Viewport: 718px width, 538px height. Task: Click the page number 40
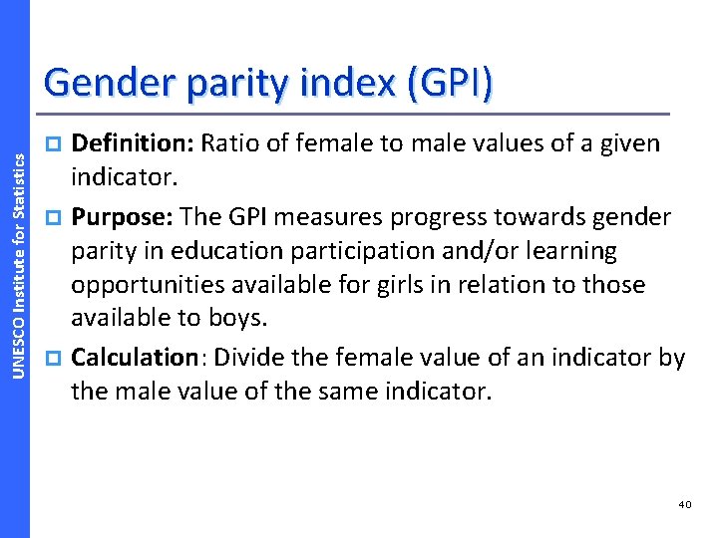pyautogui.click(x=684, y=505)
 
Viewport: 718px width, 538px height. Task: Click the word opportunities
pyautogui.click(x=149, y=285)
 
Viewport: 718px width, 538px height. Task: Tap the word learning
pyautogui.click(x=579, y=251)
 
